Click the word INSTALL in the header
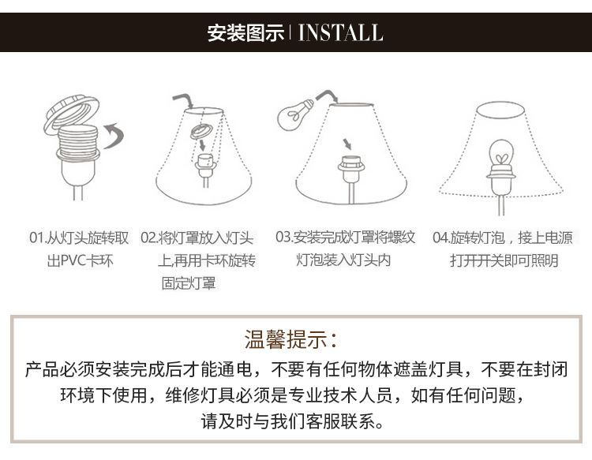point(340,32)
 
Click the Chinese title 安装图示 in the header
point(245,33)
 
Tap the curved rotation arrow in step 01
point(114,135)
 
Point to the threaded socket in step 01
point(78,142)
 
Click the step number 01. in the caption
point(37,238)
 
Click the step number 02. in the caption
point(149,238)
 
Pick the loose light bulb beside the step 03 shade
point(295,114)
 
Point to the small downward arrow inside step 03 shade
point(347,144)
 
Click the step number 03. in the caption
point(284,237)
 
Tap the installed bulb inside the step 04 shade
point(501,155)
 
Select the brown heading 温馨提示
point(286,338)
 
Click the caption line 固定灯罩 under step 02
point(189,283)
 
